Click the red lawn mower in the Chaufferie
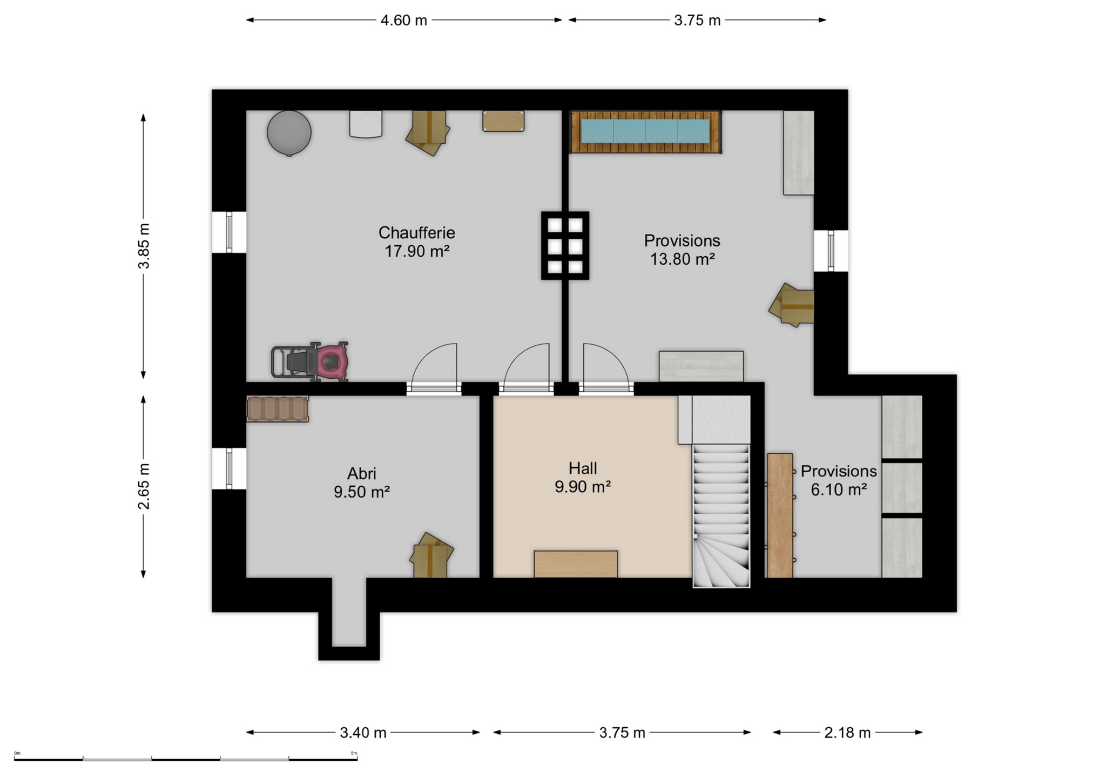[310, 361]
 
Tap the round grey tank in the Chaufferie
[289, 133]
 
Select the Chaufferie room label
[416, 233]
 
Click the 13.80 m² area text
[682, 259]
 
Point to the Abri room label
[361, 474]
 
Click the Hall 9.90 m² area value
[582, 487]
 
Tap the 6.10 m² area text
[839, 489]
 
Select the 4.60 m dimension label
[403, 21]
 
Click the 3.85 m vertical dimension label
[144, 246]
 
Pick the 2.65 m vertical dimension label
[144, 486]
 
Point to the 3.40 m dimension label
[363, 733]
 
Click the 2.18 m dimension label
[847, 733]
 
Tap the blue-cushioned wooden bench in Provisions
[645, 132]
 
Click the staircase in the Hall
[721, 516]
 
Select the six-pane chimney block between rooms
[565, 245]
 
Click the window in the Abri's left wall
[229, 468]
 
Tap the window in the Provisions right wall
[831, 251]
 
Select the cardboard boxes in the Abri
[431, 555]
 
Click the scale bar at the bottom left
[186, 759]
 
